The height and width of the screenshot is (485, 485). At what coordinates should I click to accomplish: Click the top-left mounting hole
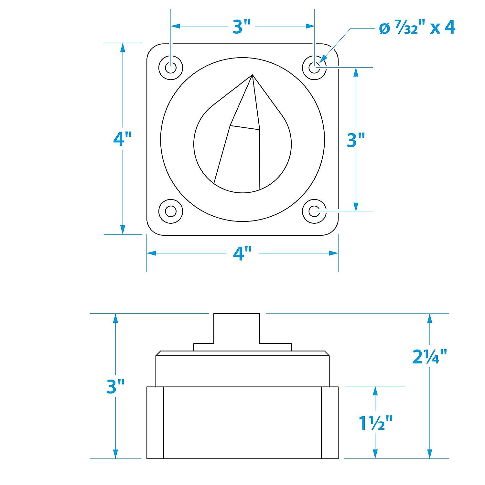[x=171, y=68]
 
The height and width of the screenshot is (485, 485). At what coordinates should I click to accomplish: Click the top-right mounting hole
[x=314, y=68]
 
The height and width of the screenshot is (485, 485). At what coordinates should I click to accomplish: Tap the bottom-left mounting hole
[x=171, y=211]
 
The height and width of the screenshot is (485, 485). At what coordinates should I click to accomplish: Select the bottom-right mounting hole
[x=314, y=211]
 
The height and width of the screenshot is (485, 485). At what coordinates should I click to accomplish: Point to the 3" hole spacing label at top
[x=242, y=27]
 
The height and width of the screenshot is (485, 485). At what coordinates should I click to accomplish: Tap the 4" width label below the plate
[x=242, y=253]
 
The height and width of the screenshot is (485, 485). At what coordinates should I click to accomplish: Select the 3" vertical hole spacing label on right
[x=356, y=140]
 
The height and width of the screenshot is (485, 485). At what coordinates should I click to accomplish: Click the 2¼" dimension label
[x=429, y=357]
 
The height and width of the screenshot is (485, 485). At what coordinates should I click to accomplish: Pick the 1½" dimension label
[x=375, y=423]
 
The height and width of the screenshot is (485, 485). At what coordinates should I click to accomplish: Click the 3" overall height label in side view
[x=115, y=386]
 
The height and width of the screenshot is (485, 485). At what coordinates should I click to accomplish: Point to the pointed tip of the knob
[x=252, y=75]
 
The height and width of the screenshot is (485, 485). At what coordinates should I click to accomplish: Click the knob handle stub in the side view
[x=236, y=328]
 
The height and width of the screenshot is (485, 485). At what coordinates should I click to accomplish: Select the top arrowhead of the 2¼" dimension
[x=429, y=318]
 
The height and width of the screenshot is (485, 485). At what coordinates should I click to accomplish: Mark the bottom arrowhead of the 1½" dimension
[x=375, y=453]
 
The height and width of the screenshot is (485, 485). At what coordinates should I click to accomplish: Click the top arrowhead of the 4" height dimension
[x=123, y=48]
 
